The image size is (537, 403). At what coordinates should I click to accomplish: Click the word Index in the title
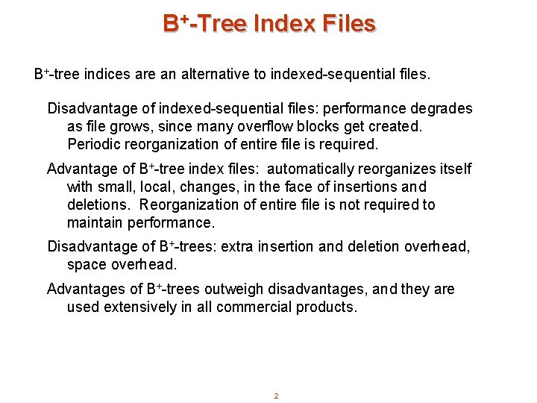coord(285,24)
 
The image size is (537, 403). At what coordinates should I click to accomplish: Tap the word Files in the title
coord(348,24)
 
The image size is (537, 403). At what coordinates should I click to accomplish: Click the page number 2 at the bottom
coord(276,396)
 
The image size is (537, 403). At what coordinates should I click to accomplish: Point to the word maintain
coord(93,222)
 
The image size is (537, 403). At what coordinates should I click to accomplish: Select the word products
coord(327,307)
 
